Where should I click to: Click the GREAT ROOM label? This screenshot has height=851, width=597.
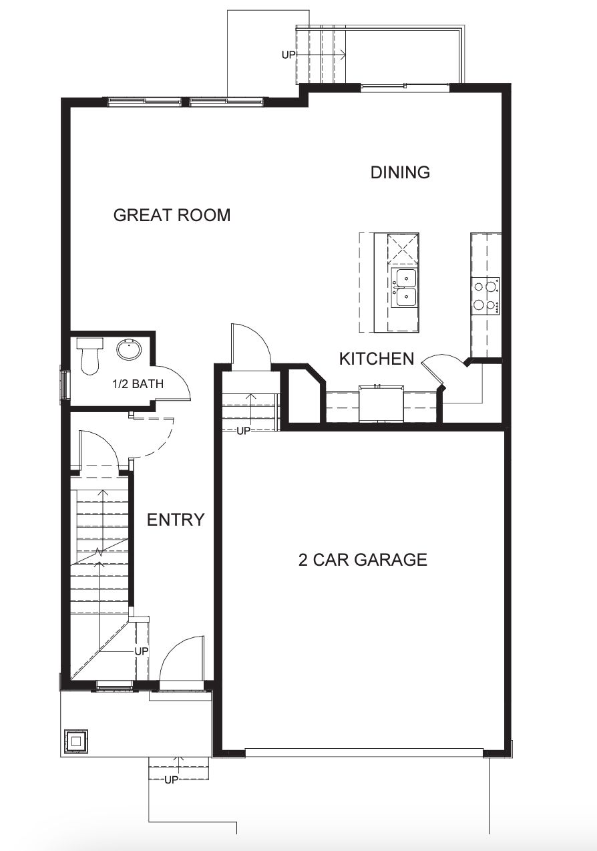click(172, 215)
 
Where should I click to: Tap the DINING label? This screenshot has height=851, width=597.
click(400, 172)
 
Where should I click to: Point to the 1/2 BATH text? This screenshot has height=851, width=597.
click(137, 384)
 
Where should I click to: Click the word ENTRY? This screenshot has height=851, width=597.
click(176, 520)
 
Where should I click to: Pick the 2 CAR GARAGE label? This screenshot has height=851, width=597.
click(363, 560)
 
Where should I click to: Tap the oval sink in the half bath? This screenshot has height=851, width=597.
click(128, 349)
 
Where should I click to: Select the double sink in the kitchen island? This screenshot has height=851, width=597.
click(405, 287)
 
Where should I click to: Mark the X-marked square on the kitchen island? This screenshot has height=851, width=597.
click(404, 250)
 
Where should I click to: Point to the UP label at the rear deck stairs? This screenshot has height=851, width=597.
click(288, 55)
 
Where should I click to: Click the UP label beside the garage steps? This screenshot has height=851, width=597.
click(243, 431)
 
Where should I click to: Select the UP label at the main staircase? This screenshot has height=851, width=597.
click(142, 651)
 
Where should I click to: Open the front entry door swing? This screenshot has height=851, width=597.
click(182, 658)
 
